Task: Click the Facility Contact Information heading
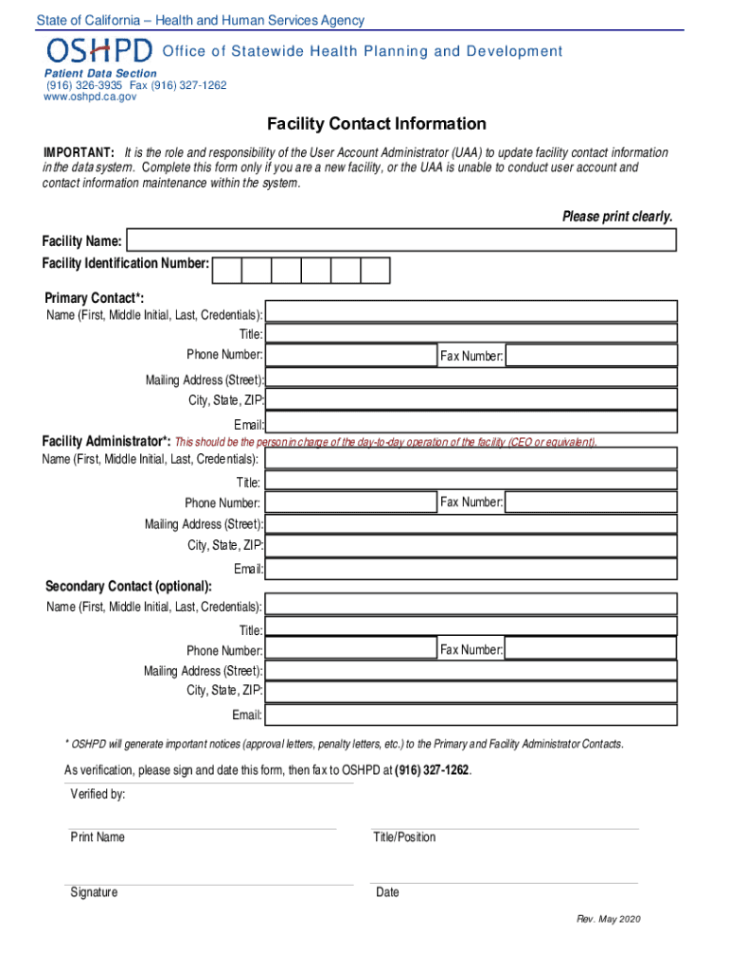(x=376, y=124)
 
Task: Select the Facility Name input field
(x=401, y=240)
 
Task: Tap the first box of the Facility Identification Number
(x=227, y=271)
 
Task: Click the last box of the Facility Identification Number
(x=375, y=271)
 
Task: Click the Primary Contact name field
(x=471, y=311)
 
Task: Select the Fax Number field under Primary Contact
(x=591, y=356)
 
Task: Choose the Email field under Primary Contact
(x=471, y=422)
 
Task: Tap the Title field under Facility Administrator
(x=471, y=481)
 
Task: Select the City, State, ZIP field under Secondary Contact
(x=471, y=692)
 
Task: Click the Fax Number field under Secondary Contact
(x=591, y=649)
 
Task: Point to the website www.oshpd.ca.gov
(x=91, y=97)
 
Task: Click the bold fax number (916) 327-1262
(x=431, y=770)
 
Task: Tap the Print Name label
(x=98, y=837)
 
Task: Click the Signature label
(x=94, y=892)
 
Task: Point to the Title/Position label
(x=405, y=837)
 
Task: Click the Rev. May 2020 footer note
(x=609, y=920)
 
